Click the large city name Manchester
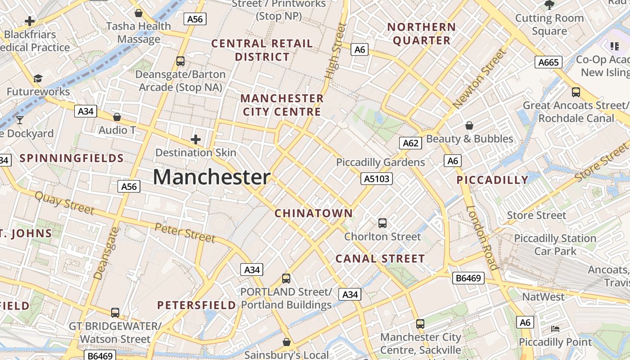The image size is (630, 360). [x=211, y=177]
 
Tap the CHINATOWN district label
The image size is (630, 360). [x=314, y=213]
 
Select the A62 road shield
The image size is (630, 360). [x=410, y=143]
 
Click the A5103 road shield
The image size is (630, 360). [x=377, y=179]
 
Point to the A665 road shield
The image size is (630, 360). [x=548, y=62]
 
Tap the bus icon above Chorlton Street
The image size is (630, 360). [x=382, y=223]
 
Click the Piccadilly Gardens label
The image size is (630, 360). [x=380, y=162]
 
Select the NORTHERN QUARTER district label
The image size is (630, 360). [x=422, y=34]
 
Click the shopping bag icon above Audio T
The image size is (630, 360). [x=117, y=117]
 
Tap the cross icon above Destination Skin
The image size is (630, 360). [x=196, y=139]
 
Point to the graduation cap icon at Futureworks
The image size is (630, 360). [x=38, y=79]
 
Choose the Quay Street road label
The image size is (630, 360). [x=64, y=202]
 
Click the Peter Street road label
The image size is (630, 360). [x=184, y=232]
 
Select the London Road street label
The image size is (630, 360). [x=482, y=238]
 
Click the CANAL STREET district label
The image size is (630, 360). [x=380, y=259]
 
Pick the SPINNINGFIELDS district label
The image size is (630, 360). [x=72, y=158]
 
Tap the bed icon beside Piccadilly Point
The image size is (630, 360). [x=555, y=329]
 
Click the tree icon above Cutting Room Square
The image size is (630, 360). [x=549, y=5]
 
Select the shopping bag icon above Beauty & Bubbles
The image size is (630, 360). [x=469, y=126]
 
